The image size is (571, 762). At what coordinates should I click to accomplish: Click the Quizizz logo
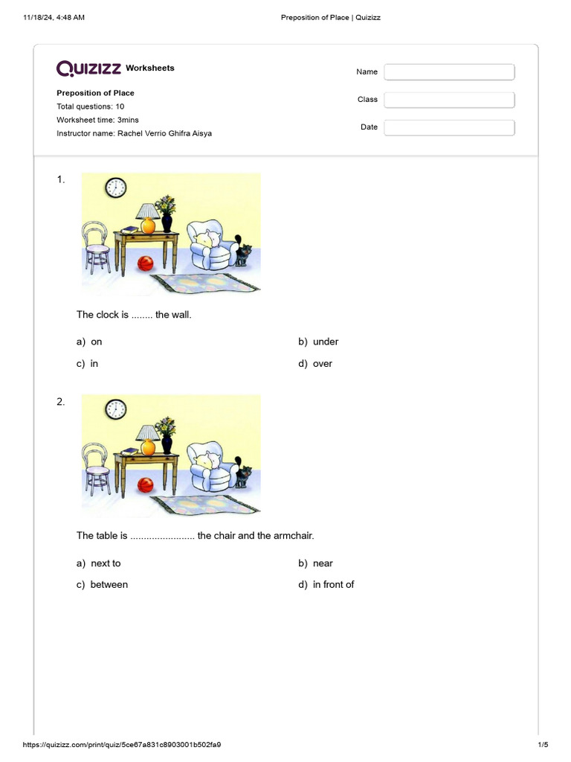89,68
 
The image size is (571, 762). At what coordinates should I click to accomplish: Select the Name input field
449,72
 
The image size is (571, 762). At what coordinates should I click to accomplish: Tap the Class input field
449,100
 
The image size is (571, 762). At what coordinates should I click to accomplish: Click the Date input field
449,128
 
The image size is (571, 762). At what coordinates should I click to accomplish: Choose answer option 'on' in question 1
96,342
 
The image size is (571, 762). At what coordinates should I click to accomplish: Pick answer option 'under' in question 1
325,342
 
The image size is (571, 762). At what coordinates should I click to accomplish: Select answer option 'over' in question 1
322,364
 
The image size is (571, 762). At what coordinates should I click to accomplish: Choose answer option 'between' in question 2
109,585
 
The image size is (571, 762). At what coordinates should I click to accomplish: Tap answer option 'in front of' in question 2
333,585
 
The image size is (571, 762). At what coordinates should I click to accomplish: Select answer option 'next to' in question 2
105,563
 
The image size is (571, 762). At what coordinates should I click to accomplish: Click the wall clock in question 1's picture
115,188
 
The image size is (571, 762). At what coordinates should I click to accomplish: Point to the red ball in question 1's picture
146,263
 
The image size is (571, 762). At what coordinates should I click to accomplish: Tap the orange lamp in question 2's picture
148,441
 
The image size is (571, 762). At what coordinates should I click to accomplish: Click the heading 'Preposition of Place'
95,93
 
